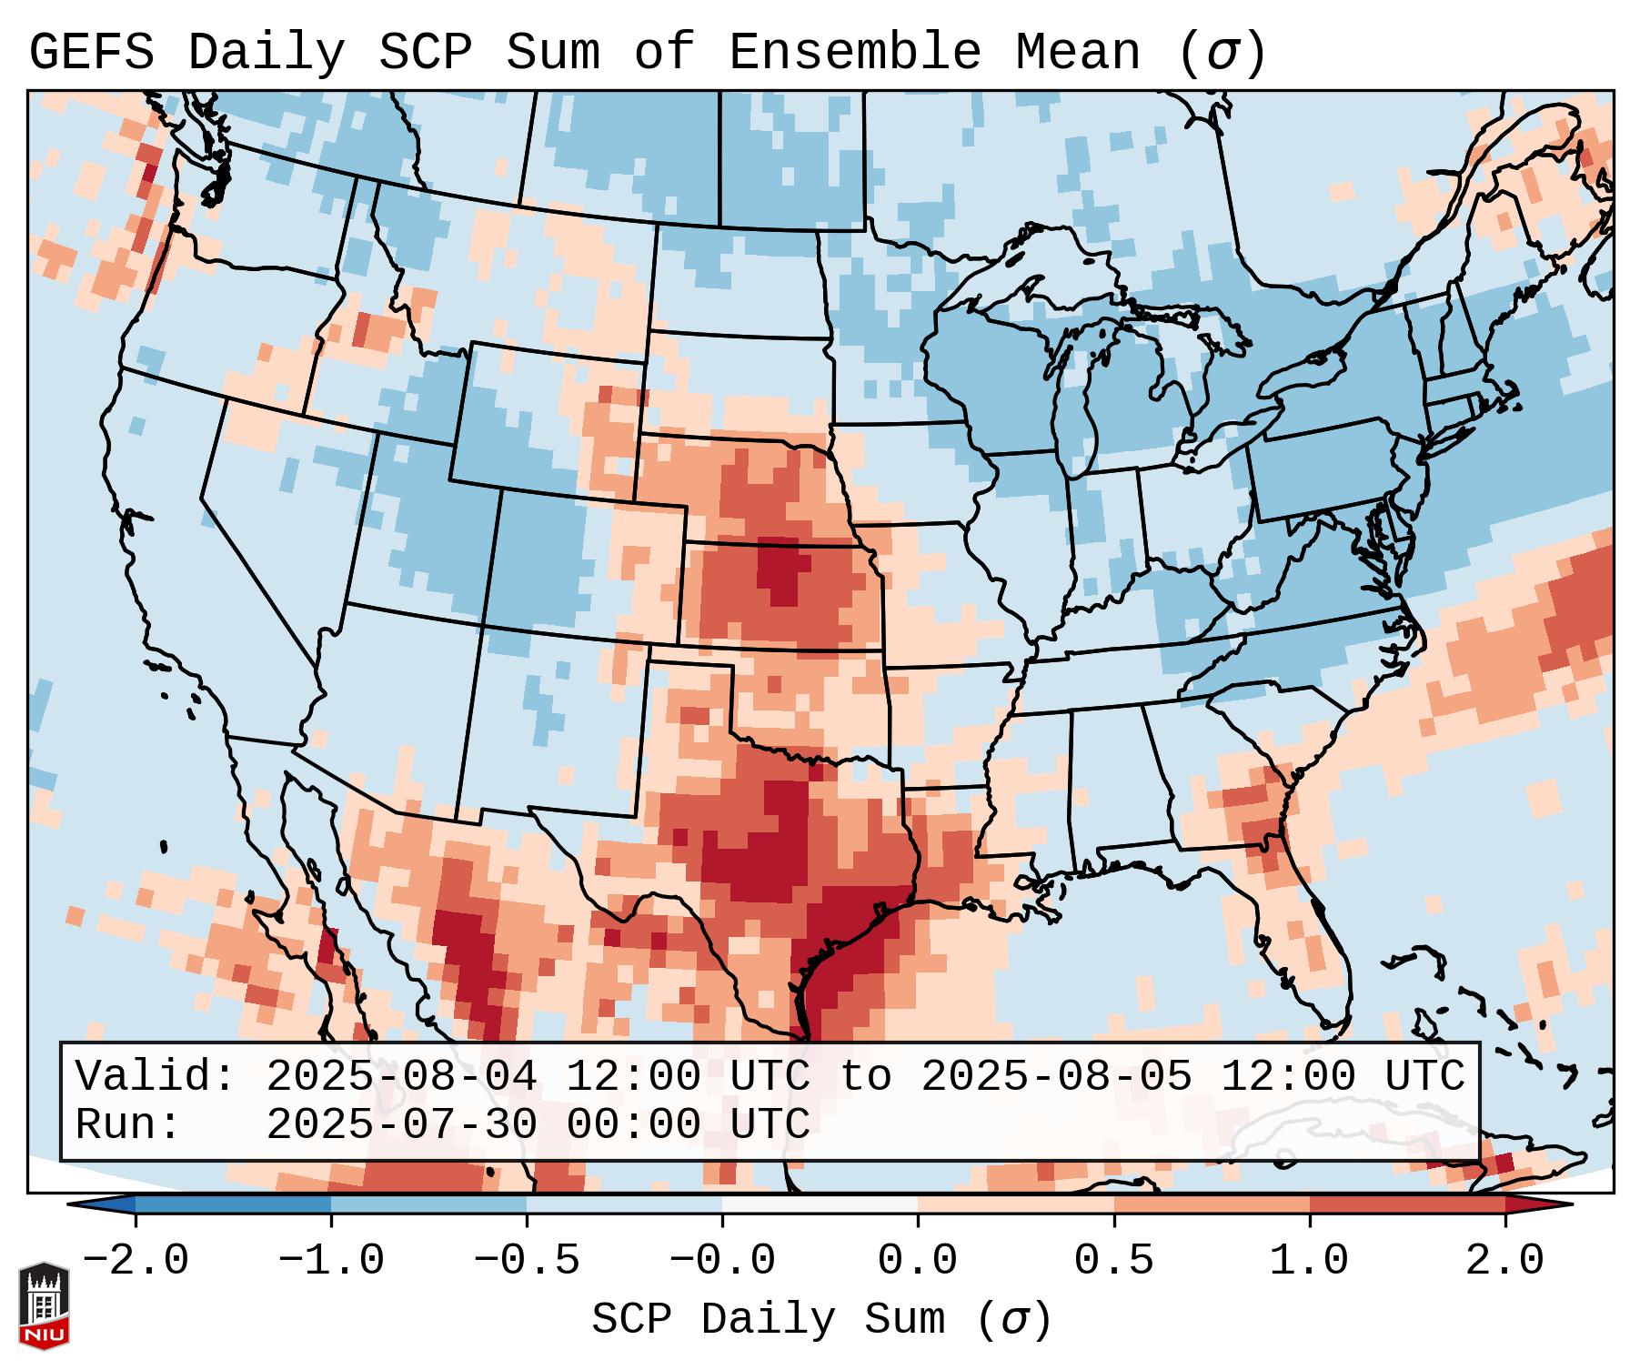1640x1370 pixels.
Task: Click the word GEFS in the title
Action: [91, 53]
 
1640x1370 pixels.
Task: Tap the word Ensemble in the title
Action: [854, 53]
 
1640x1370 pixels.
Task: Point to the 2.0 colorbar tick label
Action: [1504, 1261]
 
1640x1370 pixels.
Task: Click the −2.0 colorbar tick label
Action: [136, 1261]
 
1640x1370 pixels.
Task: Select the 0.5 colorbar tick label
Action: [1113, 1261]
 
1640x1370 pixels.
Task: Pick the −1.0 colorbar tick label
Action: [331, 1261]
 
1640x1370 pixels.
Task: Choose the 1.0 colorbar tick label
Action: [1309, 1261]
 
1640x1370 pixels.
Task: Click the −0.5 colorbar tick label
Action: [527, 1261]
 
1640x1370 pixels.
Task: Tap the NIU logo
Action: [44, 1305]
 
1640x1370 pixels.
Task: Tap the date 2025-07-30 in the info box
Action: [401, 1124]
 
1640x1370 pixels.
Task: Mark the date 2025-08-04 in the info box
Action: [401, 1076]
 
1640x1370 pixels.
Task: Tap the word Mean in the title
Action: [1077, 53]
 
